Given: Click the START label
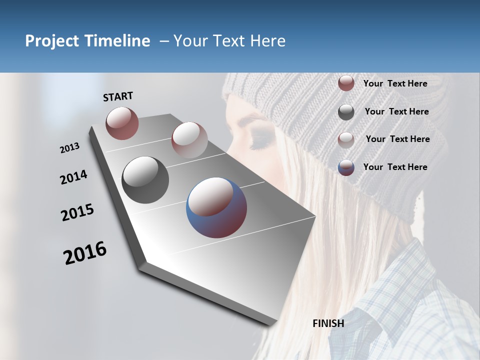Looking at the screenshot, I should pyautogui.click(x=118, y=96).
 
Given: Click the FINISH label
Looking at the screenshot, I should pyautogui.click(x=328, y=323).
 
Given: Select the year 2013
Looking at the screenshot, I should pyautogui.click(x=69, y=148).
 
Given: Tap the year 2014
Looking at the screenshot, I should pyautogui.click(x=73, y=177).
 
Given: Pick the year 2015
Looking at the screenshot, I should pyautogui.click(x=77, y=213).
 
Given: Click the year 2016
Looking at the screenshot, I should pyautogui.click(x=85, y=253).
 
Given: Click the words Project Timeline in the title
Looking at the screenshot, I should pyautogui.click(x=87, y=41).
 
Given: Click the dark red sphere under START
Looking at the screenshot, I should pyautogui.click(x=122, y=123).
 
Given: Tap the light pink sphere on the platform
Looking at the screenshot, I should pyautogui.click(x=189, y=139).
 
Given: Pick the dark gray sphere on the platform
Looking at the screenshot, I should pyautogui.click(x=145, y=180).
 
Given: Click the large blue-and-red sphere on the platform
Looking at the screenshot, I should pyautogui.click(x=216, y=207).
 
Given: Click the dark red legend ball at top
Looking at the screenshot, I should pyautogui.click(x=346, y=83).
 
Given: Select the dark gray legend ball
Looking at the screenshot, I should pyautogui.click(x=346, y=112).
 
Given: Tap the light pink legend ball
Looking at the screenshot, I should pyautogui.click(x=346, y=140).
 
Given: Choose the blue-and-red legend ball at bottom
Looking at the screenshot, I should pyautogui.click(x=346, y=167).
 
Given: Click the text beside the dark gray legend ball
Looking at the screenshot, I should pyautogui.click(x=396, y=111).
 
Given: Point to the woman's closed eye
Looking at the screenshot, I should pyautogui.click(x=260, y=144).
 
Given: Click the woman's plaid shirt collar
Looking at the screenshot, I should pyautogui.click(x=400, y=280).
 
